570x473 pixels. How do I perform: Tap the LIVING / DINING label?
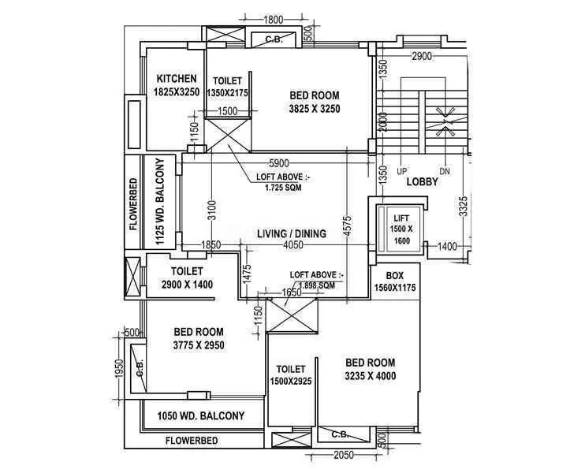(x=294, y=233)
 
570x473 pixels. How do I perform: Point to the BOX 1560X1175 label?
(x=394, y=282)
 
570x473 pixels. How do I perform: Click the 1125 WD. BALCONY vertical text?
(x=160, y=203)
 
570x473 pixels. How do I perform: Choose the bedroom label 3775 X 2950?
(x=198, y=338)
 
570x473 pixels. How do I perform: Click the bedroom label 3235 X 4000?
(x=370, y=370)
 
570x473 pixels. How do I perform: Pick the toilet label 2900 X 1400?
(x=187, y=277)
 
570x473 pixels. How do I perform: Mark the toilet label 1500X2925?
(x=290, y=375)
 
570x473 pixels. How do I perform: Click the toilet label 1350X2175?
(x=227, y=88)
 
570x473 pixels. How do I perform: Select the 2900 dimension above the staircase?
(x=422, y=56)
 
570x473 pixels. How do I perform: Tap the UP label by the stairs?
(x=401, y=171)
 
